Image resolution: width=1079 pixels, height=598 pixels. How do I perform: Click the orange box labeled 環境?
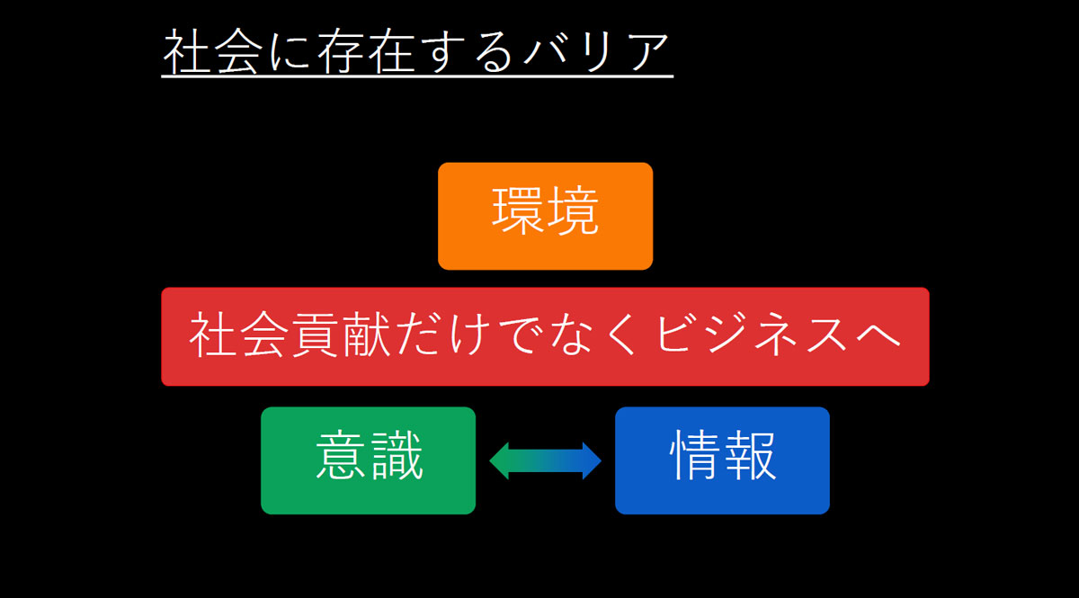(545, 216)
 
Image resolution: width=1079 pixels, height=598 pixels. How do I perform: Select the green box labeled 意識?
(368, 460)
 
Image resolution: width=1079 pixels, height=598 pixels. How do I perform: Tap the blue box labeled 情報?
(722, 460)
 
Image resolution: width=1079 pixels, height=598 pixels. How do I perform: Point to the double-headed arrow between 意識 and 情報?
(545, 460)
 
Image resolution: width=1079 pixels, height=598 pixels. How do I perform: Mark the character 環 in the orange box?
(518, 214)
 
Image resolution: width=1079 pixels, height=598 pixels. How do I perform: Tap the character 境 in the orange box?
(572, 214)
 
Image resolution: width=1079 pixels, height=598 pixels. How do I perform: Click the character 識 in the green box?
(396, 459)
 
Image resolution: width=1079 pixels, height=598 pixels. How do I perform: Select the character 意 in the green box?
(342, 459)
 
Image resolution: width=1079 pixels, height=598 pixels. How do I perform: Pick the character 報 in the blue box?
(749, 459)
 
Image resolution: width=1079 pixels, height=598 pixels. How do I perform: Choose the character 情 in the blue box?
(695, 459)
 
